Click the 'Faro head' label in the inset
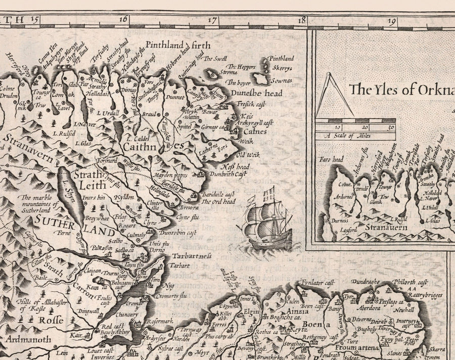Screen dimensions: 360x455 (331, 160)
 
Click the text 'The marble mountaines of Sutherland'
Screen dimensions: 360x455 (38, 204)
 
